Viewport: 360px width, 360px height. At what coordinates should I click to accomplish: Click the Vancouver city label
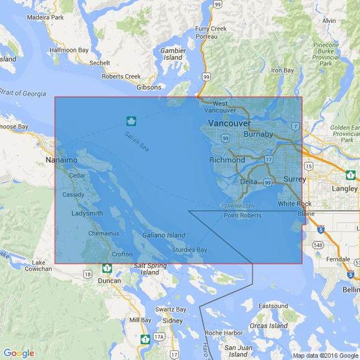[x=229, y=123]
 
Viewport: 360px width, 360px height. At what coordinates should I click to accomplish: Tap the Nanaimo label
[x=62, y=160]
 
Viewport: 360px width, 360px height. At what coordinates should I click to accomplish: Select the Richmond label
[x=227, y=160]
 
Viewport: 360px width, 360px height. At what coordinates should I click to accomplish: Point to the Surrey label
[x=294, y=178]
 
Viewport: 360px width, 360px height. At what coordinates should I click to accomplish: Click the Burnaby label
[x=258, y=134]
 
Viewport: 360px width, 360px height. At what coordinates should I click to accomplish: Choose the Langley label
[x=344, y=188]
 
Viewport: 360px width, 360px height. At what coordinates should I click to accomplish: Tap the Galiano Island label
[x=163, y=235]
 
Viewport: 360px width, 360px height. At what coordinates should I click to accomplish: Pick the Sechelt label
[x=100, y=63]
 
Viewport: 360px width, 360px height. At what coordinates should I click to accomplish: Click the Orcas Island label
[x=269, y=326]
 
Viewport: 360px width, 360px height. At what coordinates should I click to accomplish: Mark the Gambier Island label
[x=173, y=54]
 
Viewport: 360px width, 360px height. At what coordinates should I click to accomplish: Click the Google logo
[x=19, y=353]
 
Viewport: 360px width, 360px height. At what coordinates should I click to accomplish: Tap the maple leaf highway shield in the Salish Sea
[x=130, y=121]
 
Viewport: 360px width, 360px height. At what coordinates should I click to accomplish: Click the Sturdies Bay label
[x=190, y=250]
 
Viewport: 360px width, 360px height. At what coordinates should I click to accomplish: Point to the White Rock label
[x=294, y=204]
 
